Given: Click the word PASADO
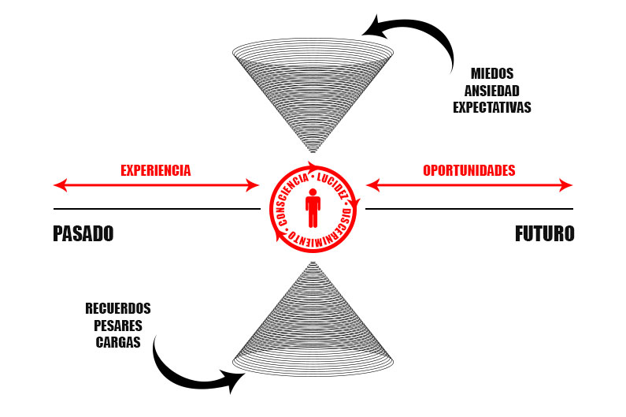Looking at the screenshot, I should tap(83, 234).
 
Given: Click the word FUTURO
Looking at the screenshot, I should tap(545, 234).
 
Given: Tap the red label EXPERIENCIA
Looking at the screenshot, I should tap(156, 169).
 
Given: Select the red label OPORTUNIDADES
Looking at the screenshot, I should tap(469, 169).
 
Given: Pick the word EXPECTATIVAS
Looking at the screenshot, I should tap(492, 107).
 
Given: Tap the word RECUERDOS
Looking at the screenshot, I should tap(118, 308).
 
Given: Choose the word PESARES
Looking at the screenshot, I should tap(118, 325).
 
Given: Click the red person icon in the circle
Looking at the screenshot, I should tap(313, 209).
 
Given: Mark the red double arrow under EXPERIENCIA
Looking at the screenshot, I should tap(156, 185).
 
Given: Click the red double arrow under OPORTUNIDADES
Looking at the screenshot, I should tap(469, 185).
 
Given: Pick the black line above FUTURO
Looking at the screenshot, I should tap(469, 209).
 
